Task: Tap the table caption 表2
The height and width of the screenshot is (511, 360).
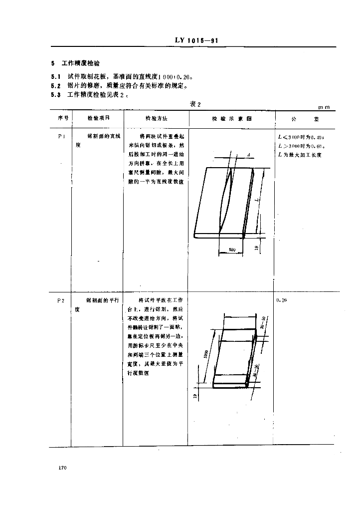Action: pyautogui.click(x=195, y=104)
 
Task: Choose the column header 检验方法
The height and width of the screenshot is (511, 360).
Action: pyautogui.click(x=156, y=119)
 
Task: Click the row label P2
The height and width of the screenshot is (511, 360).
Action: pyautogui.click(x=61, y=300)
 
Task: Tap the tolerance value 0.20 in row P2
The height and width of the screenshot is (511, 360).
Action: pyautogui.click(x=282, y=300)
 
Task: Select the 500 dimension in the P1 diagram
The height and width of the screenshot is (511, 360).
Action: pyautogui.click(x=232, y=249)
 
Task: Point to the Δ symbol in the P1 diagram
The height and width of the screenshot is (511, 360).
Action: pyautogui.click(x=248, y=156)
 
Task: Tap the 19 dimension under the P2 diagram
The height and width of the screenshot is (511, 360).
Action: pyautogui.click(x=195, y=396)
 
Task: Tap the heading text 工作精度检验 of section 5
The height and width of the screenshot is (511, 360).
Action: pyautogui.click(x=81, y=64)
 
